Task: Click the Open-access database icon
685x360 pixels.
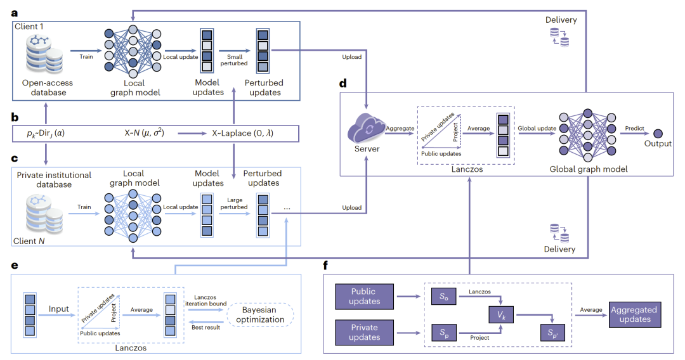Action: [x=45, y=58]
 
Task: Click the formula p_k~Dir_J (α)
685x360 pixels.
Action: [x=46, y=134]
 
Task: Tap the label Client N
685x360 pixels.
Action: [x=29, y=241]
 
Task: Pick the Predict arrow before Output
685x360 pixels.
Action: [x=634, y=133]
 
